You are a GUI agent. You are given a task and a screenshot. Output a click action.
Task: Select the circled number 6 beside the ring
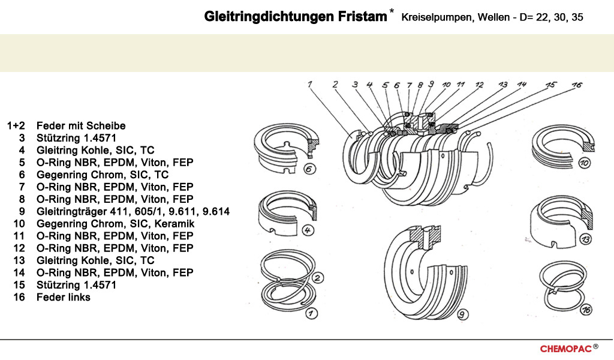pos(309,169)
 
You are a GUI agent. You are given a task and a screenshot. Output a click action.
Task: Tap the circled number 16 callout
pos(586,310)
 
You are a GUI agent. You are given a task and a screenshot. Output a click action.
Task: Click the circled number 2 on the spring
pos(318,278)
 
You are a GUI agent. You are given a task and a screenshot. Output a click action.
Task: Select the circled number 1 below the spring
pos(311,313)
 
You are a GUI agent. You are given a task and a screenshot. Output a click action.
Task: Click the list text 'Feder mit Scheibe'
pos(81,126)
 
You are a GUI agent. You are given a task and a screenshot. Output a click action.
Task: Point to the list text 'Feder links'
pos(64,297)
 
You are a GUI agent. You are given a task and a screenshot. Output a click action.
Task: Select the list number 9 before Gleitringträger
pos(22,212)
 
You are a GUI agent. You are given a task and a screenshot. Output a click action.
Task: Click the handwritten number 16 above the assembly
pos(576,86)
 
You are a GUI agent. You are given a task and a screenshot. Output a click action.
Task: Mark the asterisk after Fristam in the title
pos(392,11)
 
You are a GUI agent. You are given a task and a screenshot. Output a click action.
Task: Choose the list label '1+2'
pos(16,126)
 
